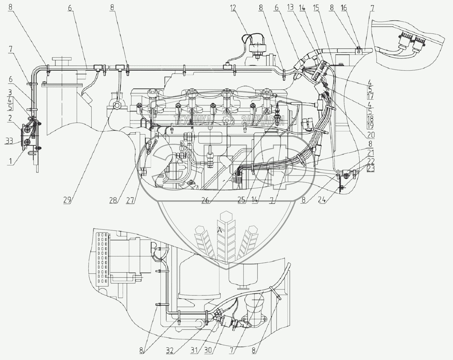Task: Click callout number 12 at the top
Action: pos(234,8)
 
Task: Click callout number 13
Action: pos(291,8)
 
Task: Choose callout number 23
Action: pos(371,169)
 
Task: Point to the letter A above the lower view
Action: pos(219,231)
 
